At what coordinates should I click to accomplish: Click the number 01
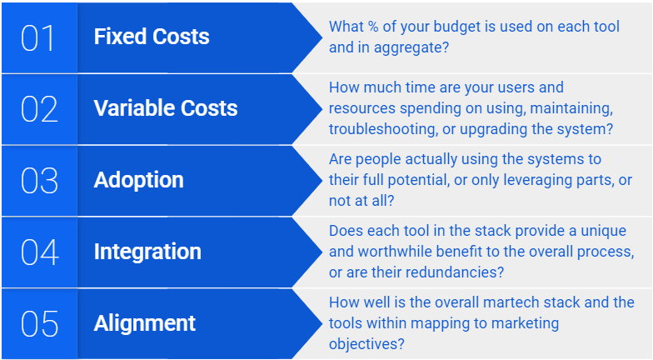pos(38,38)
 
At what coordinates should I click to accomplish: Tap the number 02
pos(40,109)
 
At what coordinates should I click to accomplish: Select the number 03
pos(40,181)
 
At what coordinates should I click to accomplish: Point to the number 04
pos(40,252)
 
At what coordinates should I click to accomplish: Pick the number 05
pos(40,323)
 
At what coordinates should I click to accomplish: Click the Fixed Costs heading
pos(152,37)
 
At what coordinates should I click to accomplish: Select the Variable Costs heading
pos(166,108)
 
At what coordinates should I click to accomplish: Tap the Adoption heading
pos(138,181)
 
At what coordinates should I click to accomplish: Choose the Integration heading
pos(147,252)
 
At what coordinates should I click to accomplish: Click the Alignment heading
pos(145,323)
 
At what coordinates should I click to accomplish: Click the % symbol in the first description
pos(373,27)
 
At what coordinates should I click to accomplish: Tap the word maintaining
pos(571,108)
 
